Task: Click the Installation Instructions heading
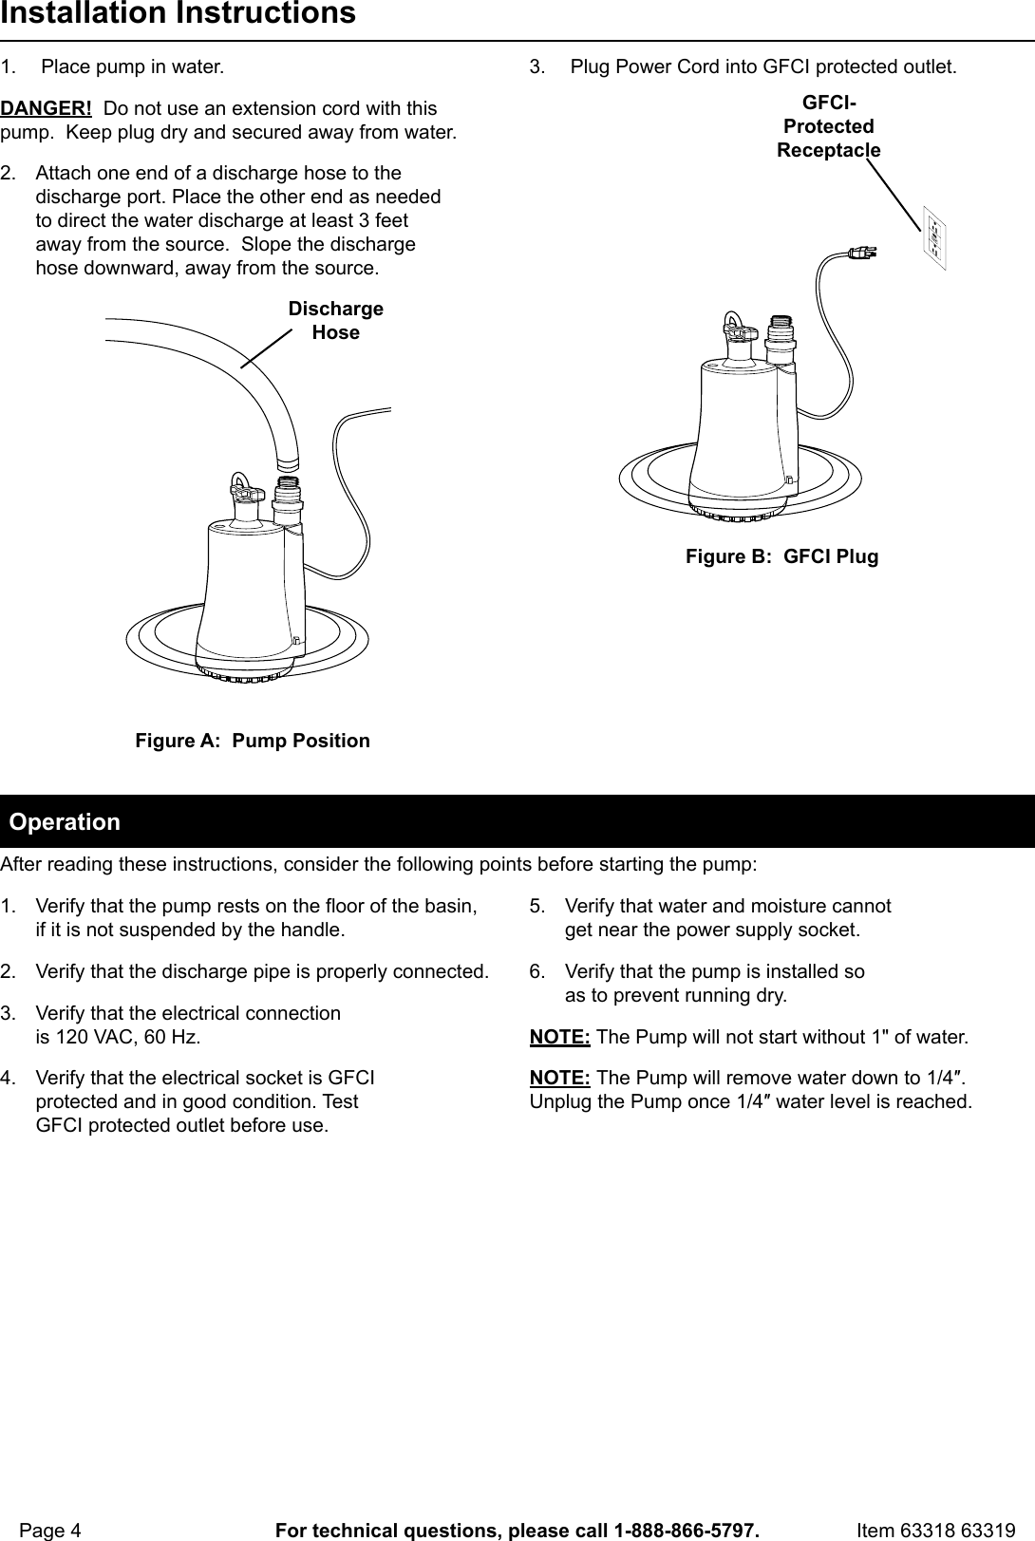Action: coord(178,14)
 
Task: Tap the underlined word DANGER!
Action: coord(46,108)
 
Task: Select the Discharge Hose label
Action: coord(335,321)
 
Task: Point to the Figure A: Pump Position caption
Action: coord(253,741)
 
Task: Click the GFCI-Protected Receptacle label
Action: coord(828,126)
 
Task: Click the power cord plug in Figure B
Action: coord(862,253)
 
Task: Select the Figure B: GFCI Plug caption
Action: coord(781,557)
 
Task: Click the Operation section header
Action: coord(65,821)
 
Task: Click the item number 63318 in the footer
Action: coord(932,1531)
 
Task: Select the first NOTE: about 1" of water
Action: coord(559,1036)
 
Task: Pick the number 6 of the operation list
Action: coord(536,972)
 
